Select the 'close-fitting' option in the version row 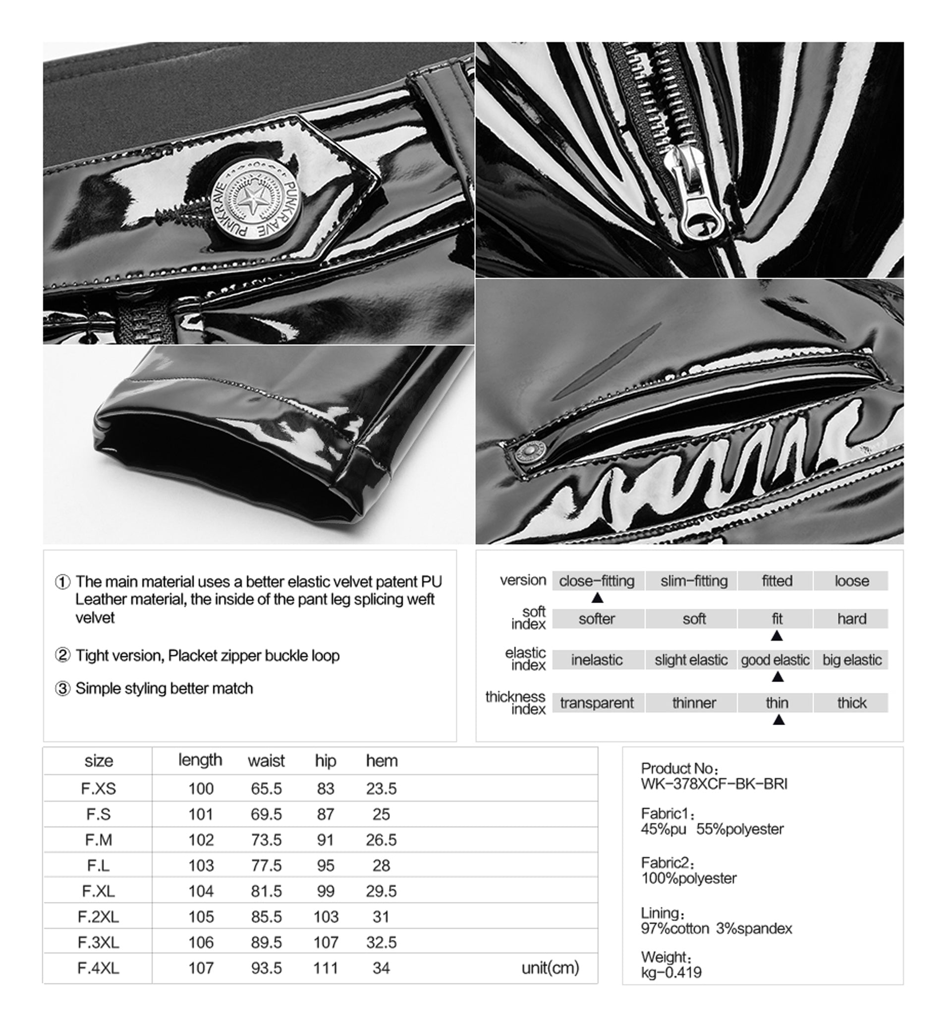[x=597, y=581]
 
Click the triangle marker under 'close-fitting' [x=597, y=598]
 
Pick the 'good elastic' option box [x=775, y=660]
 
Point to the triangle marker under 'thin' [x=778, y=720]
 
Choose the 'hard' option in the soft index [x=851, y=619]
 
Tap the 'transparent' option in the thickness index [x=597, y=703]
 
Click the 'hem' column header [x=382, y=761]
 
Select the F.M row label [x=99, y=840]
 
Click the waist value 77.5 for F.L [x=266, y=865]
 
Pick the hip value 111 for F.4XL [x=326, y=967]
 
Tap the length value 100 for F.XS [x=201, y=789]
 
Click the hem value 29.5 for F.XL [x=382, y=891]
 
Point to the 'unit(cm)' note [x=550, y=967]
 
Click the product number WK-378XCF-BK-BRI [x=714, y=784]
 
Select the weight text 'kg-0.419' [x=671, y=972]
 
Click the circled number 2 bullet [x=62, y=655]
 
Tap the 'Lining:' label [x=662, y=913]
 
